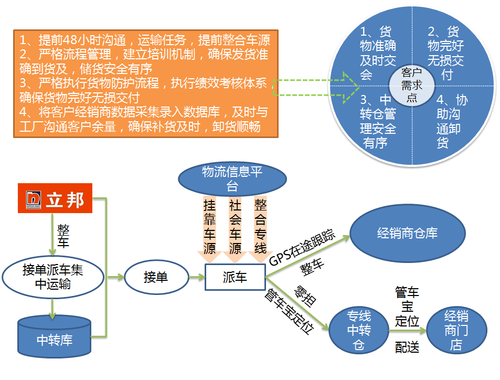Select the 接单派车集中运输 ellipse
point(52,277)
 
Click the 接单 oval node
point(156,277)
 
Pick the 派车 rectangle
point(235,277)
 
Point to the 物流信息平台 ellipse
point(231,178)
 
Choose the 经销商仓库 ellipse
point(407,234)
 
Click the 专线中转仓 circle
point(359,330)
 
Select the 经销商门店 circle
point(456,330)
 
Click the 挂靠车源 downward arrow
point(209,227)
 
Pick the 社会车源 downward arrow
point(235,227)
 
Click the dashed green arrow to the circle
point(315,87)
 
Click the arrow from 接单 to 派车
point(197,277)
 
